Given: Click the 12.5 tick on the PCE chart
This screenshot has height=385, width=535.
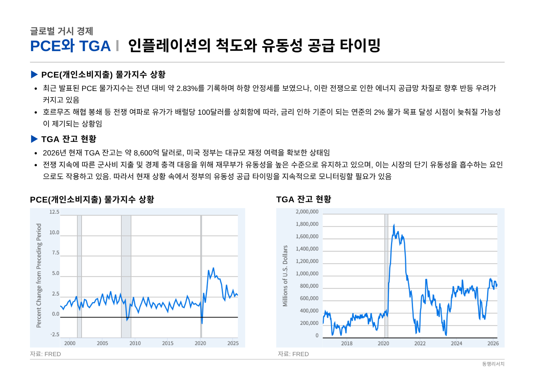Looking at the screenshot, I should [54, 212].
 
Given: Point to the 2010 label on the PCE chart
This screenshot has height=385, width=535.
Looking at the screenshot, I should [135, 343].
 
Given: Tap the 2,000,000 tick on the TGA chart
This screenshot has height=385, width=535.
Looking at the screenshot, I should [307, 212].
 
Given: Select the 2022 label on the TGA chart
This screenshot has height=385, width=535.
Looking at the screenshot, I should [420, 343].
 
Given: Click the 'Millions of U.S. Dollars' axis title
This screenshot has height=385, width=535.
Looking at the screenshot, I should [285, 276].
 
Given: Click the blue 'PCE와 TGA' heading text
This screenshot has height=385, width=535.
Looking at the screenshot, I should [70, 46].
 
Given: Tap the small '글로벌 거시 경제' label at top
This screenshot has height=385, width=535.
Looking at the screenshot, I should [62, 31].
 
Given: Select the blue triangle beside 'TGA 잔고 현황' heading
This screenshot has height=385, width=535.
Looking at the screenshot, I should [34, 139].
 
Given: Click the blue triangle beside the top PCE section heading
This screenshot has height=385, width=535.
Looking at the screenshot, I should [34, 74].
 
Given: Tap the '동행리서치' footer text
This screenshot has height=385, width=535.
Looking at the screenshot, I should [493, 364].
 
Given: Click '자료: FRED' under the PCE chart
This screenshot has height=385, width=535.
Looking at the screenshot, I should [45, 354].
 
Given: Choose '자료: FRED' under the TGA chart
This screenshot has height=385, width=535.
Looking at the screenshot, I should [293, 354].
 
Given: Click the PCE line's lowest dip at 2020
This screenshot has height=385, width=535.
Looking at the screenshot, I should [202, 323].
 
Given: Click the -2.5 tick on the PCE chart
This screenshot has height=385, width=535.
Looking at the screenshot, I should [55, 334].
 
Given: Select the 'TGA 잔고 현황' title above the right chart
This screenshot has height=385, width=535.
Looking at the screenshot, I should [304, 199].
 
